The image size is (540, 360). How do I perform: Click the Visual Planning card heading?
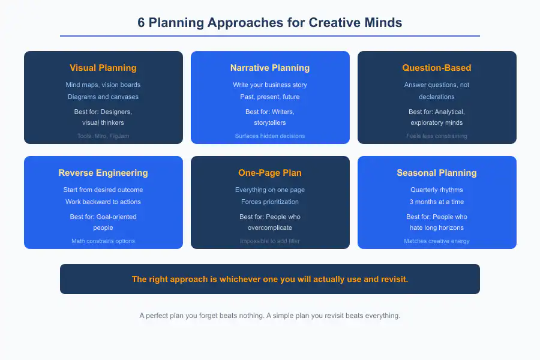[x=103, y=68]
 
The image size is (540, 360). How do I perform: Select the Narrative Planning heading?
[x=270, y=68]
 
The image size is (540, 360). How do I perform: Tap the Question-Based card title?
[x=437, y=68]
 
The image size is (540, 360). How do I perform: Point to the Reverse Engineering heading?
[x=103, y=173]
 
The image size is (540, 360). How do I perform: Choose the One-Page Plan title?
[x=270, y=173]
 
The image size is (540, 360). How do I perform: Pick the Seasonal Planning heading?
[x=437, y=173]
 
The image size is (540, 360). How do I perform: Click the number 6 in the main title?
[x=141, y=23]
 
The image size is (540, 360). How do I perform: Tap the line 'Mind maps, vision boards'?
[x=103, y=85]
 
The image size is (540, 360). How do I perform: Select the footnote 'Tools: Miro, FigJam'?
[x=103, y=136]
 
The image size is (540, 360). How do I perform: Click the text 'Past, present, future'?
[x=270, y=97]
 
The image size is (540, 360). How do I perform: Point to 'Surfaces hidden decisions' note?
[x=270, y=136]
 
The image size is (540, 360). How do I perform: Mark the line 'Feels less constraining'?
[x=437, y=136]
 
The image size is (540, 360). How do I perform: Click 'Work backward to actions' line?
[x=103, y=202]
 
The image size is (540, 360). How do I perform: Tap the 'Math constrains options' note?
[x=103, y=241]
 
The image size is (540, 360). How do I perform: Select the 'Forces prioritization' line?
[x=270, y=202]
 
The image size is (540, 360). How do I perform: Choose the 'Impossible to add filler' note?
[x=270, y=241]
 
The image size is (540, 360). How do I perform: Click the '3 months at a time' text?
[x=437, y=202]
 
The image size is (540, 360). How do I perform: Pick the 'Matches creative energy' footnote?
[x=437, y=241]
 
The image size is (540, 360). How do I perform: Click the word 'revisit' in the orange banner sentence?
[x=393, y=279]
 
